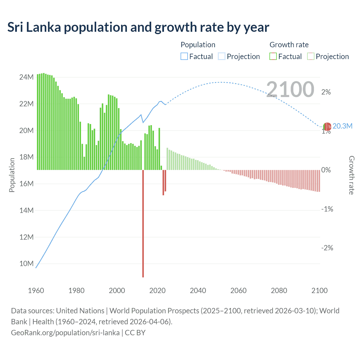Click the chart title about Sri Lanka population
pos(138,27)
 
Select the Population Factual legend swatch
pos(184,57)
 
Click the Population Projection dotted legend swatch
pos(222,57)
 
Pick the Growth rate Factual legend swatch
pos(273,57)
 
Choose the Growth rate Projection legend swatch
pos(310,57)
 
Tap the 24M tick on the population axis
pos(26,77)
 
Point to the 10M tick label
pos(26,264)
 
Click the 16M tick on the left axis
pos(26,184)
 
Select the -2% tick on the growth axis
pos(327,248)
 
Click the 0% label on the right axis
pos(326,170)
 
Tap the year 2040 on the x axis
pos(198,291)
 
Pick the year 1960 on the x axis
pos(36,291)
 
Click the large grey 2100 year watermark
pos(290,89)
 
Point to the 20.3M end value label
pos(342,126)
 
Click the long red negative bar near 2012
pos(143,225)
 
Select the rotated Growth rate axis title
pos(352,175)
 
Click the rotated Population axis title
pos(12,175)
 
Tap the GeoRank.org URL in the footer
pos(65,333)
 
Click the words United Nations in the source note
pos(80,311)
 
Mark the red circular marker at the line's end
pos(327,127)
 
